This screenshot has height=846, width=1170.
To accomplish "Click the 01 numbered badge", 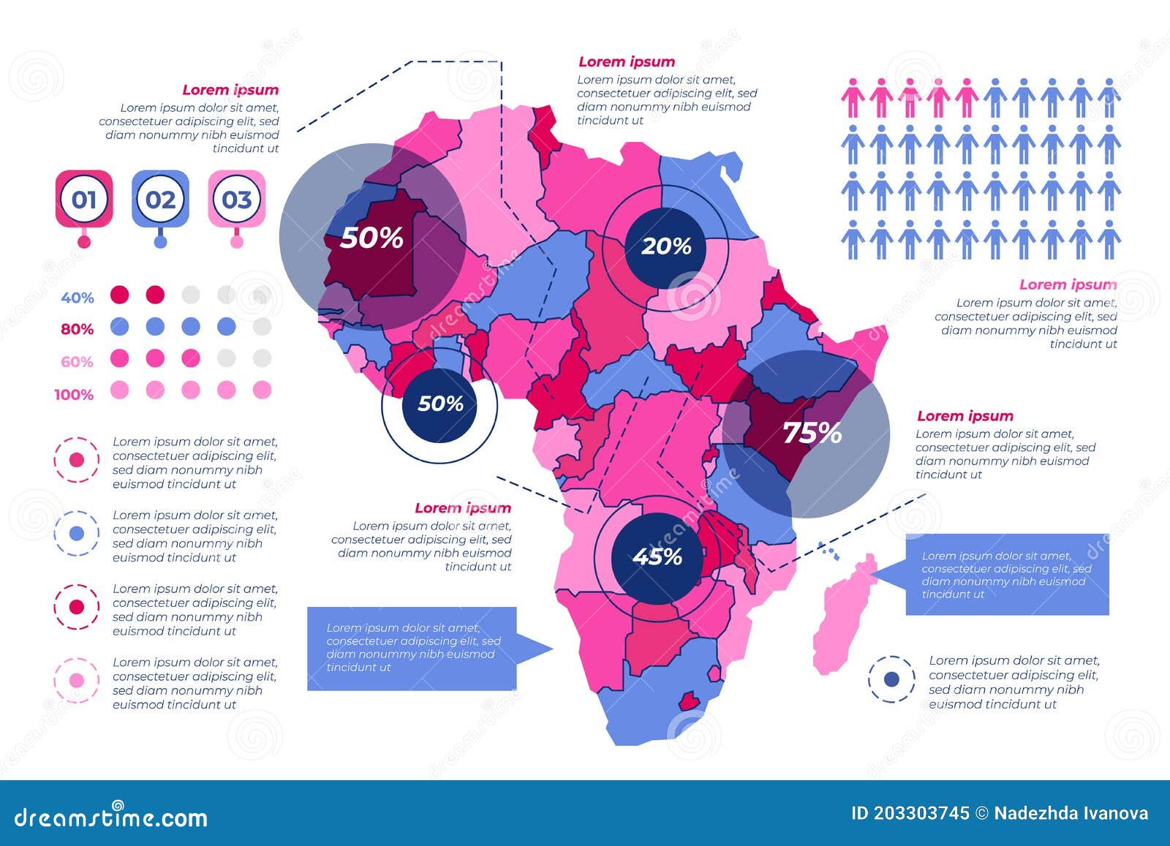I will (x=84, y=199).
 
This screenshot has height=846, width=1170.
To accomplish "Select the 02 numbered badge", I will (x=160, y=199).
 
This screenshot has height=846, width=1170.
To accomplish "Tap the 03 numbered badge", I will (x=236, y=199).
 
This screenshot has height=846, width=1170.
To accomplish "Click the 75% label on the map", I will (x=812, y=433).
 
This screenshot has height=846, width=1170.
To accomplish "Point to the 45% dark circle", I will (x=657, y=557).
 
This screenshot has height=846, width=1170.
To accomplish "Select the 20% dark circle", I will (x=665, y=246).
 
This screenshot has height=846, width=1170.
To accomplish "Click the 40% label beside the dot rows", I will (x=78, y=298).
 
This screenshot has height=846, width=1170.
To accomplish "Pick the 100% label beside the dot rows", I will (x=74, y=395).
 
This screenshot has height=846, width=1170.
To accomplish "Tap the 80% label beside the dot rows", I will (x=78, y=329).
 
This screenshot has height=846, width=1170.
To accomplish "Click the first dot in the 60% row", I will (x=119, y=358).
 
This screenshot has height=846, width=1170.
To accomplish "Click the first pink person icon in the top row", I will (x=853, y=98).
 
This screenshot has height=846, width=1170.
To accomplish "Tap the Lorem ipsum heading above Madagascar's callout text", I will (x=965, y=416).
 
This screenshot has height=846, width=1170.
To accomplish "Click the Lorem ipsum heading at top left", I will (x=230, y=90).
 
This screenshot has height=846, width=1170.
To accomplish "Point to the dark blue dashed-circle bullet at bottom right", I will (x=891, y=679).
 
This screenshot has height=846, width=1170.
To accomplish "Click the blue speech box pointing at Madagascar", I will (x=1006, y=575).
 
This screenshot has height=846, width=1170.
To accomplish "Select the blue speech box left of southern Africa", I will (x=412, y=648).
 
